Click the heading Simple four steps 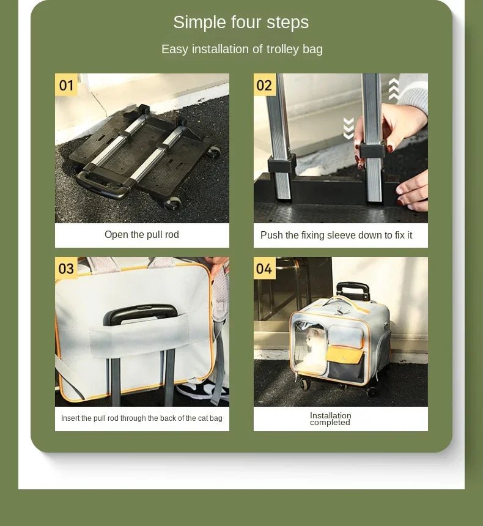click(x=241, y=23)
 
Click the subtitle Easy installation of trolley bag click(x=242, y=50)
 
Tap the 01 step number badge click(x=66, y=84)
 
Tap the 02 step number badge click(x=264, y=84)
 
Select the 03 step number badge click(x=66, y=268)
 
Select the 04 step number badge click(x=264, y=268)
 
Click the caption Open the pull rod click(x=142, y=235)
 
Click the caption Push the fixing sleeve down click(x=336, y=235)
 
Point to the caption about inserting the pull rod click(x=142, y=418)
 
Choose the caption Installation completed click(x=330, y=419)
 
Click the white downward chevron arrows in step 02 click(x=348, y=128)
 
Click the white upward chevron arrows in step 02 click(x=394, y=89)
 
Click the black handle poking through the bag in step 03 click(x=140, y=313)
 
